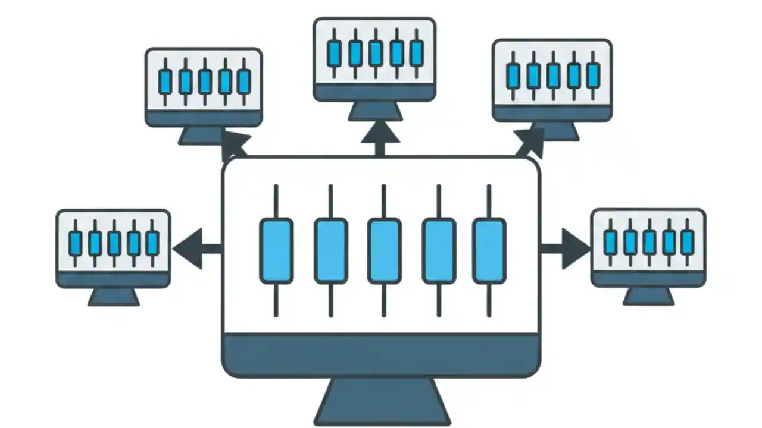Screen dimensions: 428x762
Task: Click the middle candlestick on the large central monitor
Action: click(x=384, y=250)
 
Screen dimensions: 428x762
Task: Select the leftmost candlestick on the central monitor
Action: click(x=276, y=250)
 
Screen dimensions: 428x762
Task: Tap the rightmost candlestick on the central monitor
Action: click(x=489, y=250)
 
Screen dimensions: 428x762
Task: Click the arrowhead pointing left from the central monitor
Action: click(x=186, y=245)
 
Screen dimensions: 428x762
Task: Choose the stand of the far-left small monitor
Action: click(x=114, y=297)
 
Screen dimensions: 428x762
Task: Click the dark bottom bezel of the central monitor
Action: click(x=381, y=355)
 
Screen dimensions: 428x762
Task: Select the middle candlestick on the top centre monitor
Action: click(x=374, y=53)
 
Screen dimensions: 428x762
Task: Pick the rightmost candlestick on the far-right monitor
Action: click(x=688, y=241)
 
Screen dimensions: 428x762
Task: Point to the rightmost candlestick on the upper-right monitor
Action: click(x=592, y=75)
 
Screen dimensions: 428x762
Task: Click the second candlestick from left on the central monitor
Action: click(x=330, y=250)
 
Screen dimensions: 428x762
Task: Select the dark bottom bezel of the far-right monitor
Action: click(x=648, y=278)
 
